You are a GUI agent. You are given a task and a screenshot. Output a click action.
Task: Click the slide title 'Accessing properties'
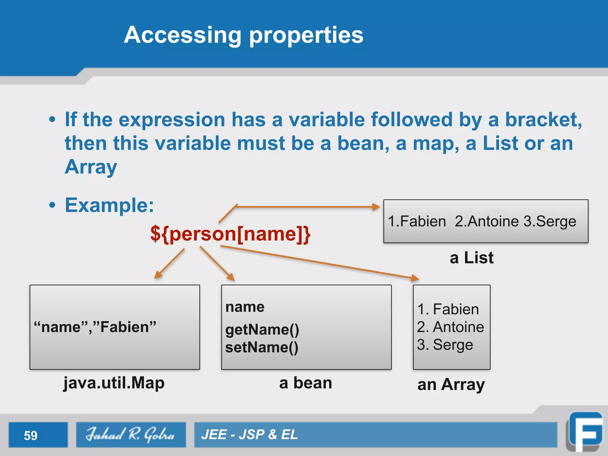(x=243, y=35)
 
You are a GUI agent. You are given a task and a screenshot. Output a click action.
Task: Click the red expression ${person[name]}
(x=230, y=234)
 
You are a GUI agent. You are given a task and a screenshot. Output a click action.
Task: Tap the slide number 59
(x=31, y=436)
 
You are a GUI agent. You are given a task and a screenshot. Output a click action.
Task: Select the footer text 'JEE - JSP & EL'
(x=249, y=435)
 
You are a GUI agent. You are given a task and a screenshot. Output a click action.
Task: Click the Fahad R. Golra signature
(x=131, y=435)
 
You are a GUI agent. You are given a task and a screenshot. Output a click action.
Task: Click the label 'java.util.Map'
(x=114, y=383)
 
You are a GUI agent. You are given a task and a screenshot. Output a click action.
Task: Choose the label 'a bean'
(x=305, y=383)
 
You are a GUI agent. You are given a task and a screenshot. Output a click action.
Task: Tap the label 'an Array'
(x=451, y=384)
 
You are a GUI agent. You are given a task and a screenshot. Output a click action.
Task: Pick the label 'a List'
(x=471, y=257)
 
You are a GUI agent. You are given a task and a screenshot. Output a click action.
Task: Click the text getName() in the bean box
(x=262, y=330)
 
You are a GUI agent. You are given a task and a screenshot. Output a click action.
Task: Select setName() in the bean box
(x=262, y=347)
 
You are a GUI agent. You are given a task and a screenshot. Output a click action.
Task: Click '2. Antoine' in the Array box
(x=450, y=327)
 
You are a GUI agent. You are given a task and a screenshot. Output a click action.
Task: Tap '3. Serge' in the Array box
(x=445, y=345)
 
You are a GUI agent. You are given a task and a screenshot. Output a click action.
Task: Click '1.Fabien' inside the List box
(x=417, y=221)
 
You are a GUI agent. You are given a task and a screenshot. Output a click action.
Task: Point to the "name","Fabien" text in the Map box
(x=95, y=327)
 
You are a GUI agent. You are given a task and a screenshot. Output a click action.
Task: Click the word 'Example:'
(x=110, y=205)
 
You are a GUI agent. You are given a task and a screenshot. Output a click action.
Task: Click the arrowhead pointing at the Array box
(x=415, y=278)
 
